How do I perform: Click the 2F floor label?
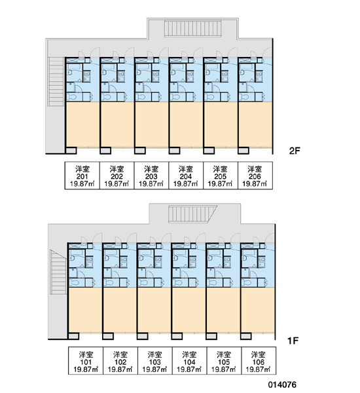click(295, 151)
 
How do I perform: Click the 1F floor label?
click(293, 341)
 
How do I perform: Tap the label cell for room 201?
click(82, 176)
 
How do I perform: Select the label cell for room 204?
click(186, 176)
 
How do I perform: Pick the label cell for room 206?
click(255, 176)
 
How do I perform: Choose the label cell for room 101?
click(86, 361)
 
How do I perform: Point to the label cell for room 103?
click(155, 361)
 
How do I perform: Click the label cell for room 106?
click(259, 361)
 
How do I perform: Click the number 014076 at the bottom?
click(282, 384)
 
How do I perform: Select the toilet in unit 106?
click(247, 283)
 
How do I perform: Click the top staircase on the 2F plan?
click(192, 29)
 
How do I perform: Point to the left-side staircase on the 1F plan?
click(58, 272)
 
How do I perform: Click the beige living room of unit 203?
click(152, 124)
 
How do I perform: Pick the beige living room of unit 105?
click(223, 310)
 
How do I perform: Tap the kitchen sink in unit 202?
click(121, 77)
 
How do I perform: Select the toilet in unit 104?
click(178, 283)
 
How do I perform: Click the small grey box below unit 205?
click(209, 151)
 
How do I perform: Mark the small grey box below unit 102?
click(108, 336)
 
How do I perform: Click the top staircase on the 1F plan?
click(192, 214)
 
